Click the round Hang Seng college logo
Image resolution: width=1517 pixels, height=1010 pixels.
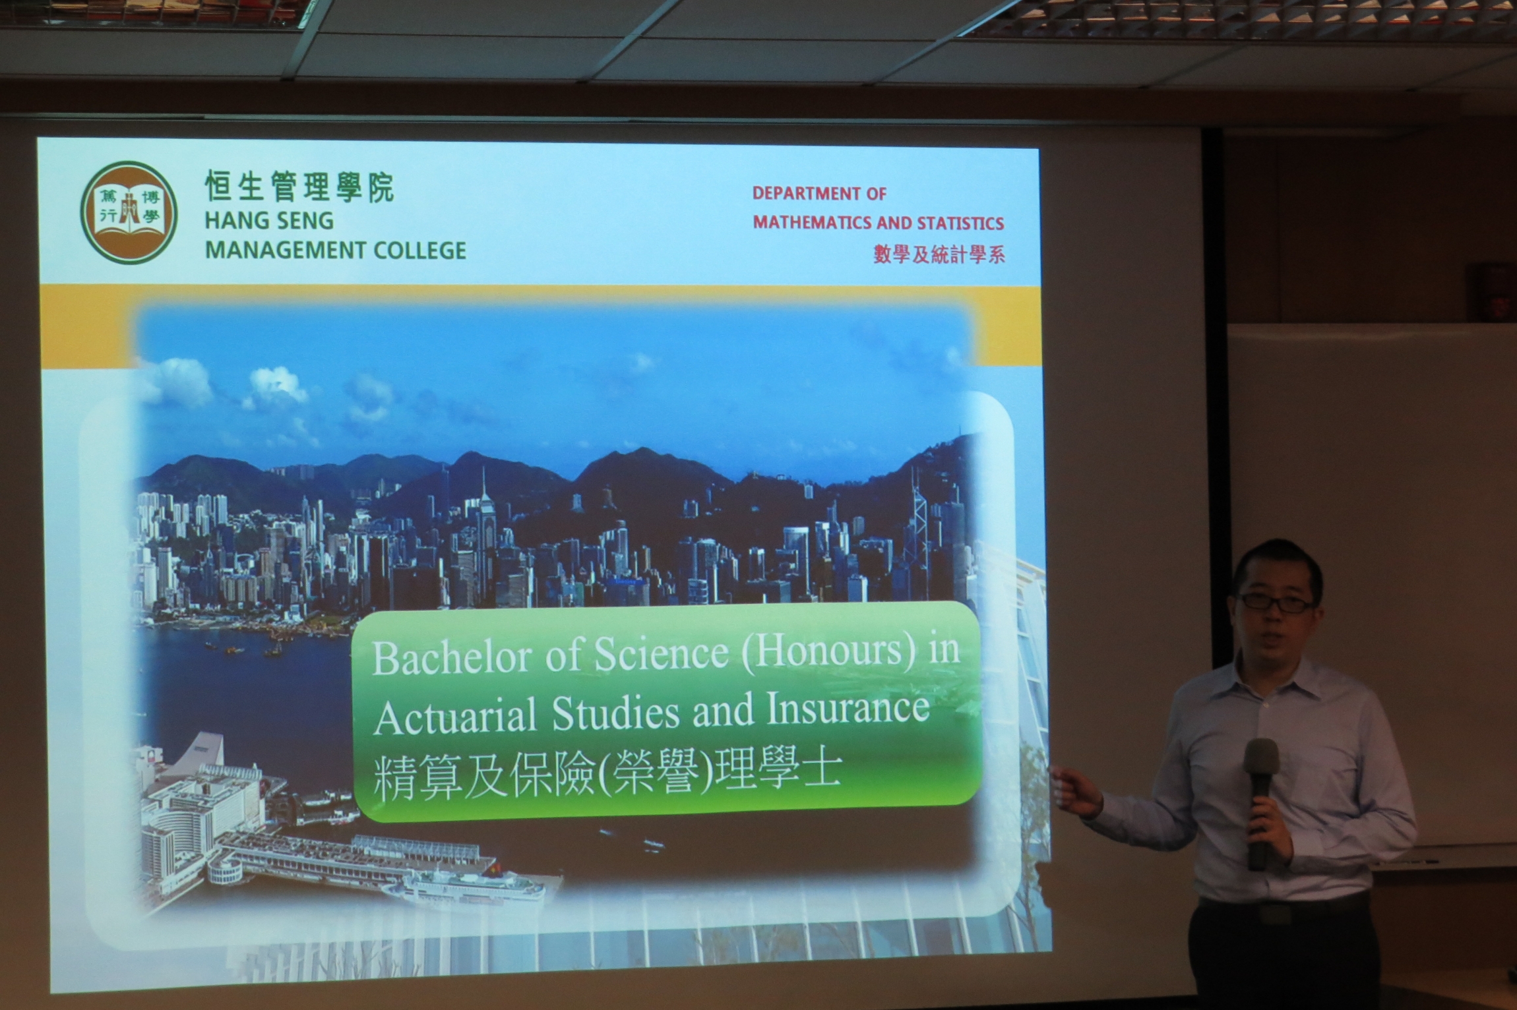[x=129, y=213]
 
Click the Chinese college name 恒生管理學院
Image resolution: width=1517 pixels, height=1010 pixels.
[x=299, y=187]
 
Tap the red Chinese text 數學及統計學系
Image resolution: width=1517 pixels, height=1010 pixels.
[x=939, y=254]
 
